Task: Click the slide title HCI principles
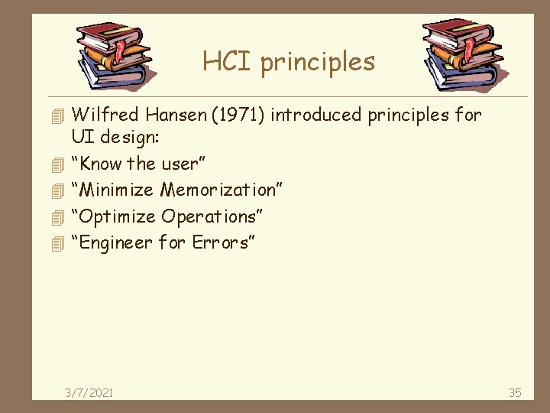tap(289, 61)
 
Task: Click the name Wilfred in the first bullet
tap(105, 115)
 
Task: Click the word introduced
tap(318, 115)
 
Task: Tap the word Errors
tap(223, 243)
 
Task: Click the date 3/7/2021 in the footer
tap(89, 392)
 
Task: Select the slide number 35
tap(515, 392)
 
